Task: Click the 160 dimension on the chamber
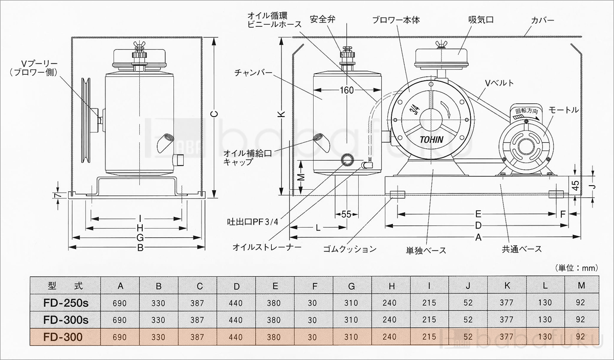pos(347,91)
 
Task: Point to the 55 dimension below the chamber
pos(346,215)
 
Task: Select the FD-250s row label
pos(66,303)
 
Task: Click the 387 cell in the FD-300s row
pos(198,320)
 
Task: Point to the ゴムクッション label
pos(349,250)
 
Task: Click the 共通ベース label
pos(521,250)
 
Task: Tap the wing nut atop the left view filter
pos(138,45)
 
